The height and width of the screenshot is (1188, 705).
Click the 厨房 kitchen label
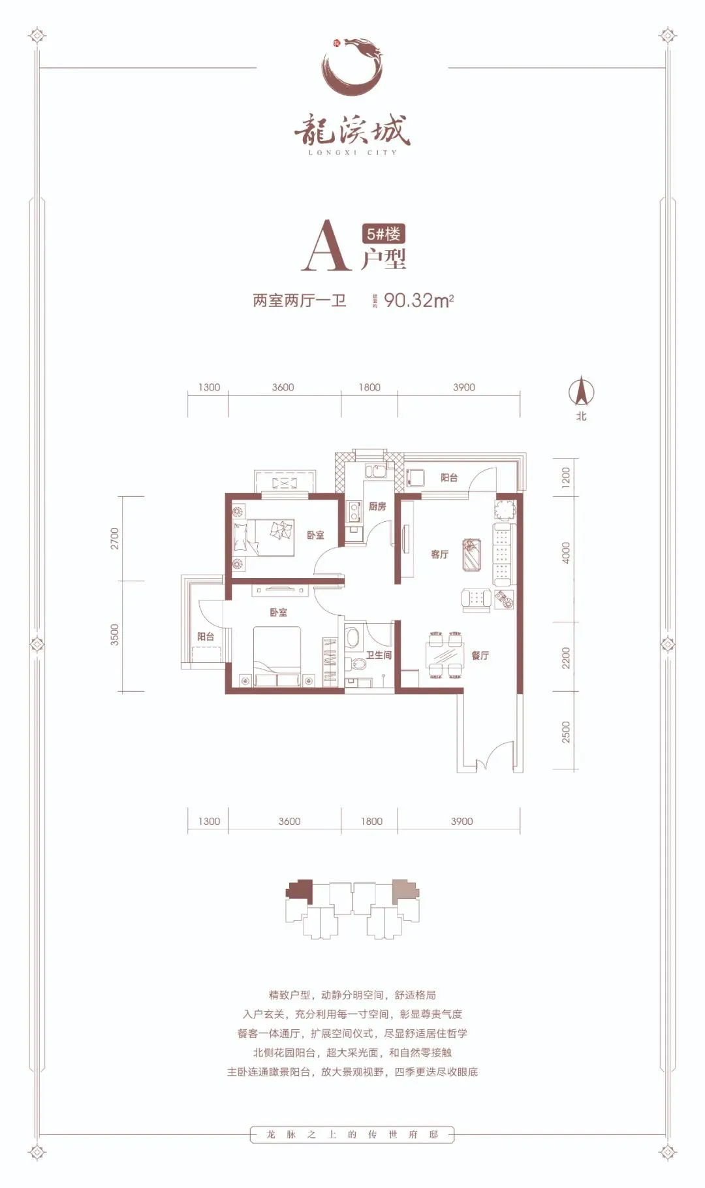[377, 506]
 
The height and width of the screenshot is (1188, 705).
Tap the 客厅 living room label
[439, 554]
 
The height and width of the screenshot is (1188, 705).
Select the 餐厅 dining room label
[480, 655]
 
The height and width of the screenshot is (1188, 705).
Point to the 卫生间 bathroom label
[378, 654]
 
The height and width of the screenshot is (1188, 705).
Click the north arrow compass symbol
[580, 393]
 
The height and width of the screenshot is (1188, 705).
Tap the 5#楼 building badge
[383, 233]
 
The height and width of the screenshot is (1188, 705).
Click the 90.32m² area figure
[418, 300]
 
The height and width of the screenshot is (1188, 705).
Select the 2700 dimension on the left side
[115, 538]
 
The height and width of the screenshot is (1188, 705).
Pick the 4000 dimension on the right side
[566, 553]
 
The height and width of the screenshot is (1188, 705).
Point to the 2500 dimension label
[566, 731]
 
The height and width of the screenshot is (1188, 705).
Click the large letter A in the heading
[325, 246]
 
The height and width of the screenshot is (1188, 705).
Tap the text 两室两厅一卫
[299, 300]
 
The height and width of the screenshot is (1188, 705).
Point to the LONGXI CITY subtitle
[352, 153]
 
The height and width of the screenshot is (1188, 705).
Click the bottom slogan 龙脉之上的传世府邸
[352, 1134]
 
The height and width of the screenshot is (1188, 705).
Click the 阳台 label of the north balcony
[449, 478]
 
